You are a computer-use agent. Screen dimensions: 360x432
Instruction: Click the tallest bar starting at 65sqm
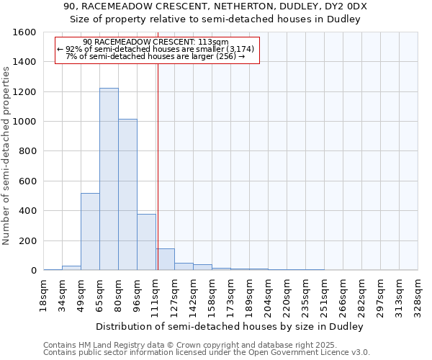pos(109,179)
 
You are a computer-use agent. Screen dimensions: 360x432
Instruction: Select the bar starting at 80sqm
pos(127,194)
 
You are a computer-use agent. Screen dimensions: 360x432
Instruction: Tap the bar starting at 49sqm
pos(90,232)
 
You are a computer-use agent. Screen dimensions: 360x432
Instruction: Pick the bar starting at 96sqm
pos(146,242)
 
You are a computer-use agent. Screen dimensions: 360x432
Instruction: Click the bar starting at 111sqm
pos(165,259)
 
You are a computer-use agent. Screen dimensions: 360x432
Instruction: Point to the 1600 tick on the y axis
pos(24,32)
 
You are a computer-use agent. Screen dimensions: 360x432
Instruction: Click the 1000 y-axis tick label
pos(24,122)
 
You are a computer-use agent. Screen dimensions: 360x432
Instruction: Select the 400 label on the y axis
pos(27,211)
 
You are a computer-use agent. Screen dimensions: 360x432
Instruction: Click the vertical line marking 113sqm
pos(158,166)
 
